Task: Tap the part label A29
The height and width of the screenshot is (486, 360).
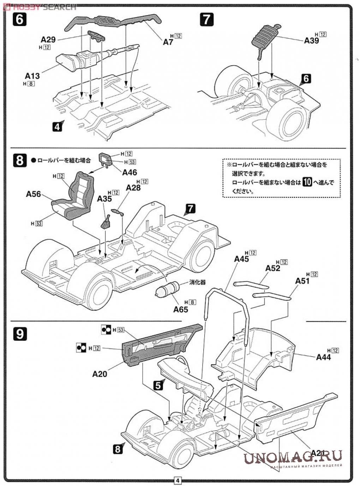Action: click(x=48, y=40)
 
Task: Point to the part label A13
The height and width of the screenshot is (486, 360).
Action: click(x=32, y=75)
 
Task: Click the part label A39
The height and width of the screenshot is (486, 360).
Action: click(x=311, y=41)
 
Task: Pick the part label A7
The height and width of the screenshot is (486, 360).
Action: click(x=168, y=42)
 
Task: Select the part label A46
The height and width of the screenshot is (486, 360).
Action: click(x=130, y=172)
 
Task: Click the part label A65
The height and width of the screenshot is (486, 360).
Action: click(x=180, y=309)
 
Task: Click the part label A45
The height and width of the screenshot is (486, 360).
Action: click(x=241, y=259)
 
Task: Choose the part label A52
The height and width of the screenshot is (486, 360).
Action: click(x=272, y=268)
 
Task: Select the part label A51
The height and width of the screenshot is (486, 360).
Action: click(x=302, y=281)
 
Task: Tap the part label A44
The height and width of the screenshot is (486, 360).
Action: click(x=323, y=357)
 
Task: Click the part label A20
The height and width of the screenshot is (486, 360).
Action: click(x=100, y=373)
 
